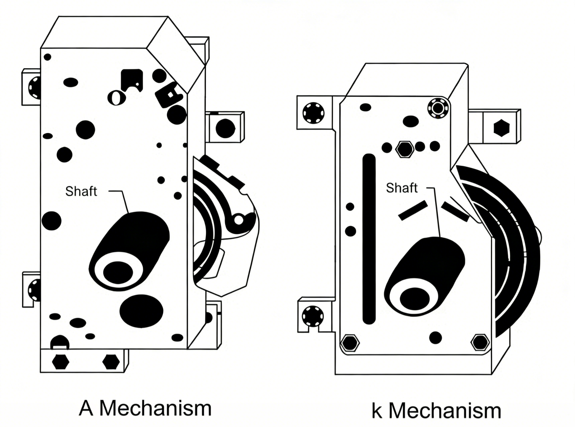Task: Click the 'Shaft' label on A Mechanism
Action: pos(81,191)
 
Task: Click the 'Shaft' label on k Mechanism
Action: pos(402,188)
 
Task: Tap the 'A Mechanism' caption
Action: pos(145,408)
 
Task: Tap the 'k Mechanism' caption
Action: pos(436,411)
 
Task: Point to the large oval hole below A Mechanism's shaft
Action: pos(141,311)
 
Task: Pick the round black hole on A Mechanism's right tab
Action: pos(225,128)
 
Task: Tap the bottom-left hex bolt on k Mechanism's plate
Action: pos(350,342)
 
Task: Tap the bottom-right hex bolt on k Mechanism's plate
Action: pos(480,342)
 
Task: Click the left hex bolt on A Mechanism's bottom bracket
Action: pos(60,362)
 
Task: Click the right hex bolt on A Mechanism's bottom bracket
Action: pos(111,362)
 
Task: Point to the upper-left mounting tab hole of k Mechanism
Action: pos(314,113)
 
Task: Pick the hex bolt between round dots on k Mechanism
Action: pos(405,149)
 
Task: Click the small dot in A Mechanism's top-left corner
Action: pos(47,57)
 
